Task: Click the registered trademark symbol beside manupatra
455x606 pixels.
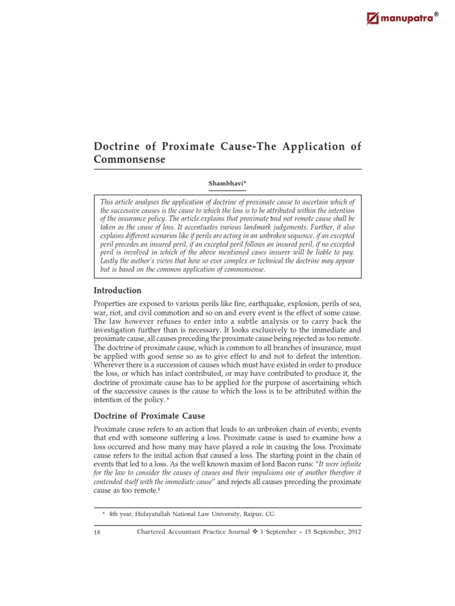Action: click(x=438, y=14)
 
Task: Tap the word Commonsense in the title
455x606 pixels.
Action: click(x=130, y=160)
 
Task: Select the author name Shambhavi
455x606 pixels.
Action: click(x=226, y=183)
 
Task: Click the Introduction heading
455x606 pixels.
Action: click(x=118, y=291)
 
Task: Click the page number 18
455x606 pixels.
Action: click(x=97, y=532)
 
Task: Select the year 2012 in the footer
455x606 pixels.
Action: click(x=350, y=531)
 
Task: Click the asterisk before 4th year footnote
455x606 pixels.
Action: click(x=104, y=515)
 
